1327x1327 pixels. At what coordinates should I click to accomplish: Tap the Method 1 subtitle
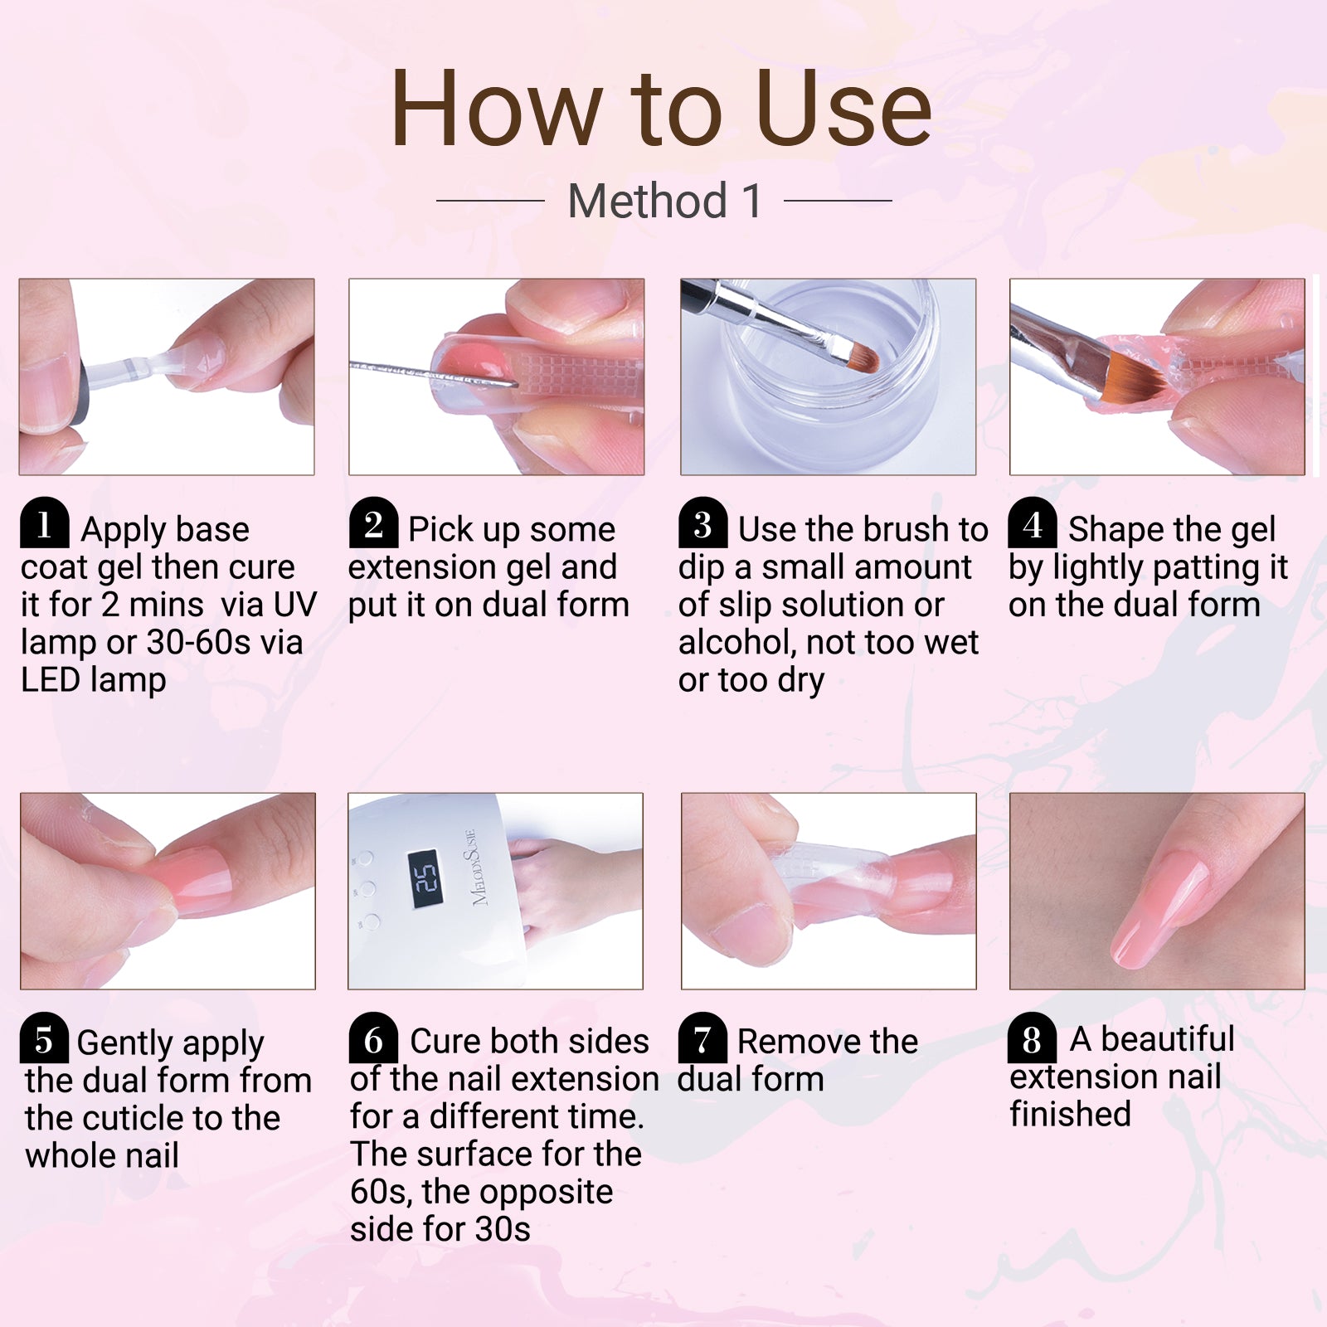[x=664, y=201]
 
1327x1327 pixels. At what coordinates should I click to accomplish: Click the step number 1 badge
[x=44, y=524]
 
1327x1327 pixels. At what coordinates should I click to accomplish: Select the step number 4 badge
[x=1033, y=524]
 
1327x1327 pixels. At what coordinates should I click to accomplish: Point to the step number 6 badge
[x=373, y=1038]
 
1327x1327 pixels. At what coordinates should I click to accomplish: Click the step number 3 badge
[x=702, y=524]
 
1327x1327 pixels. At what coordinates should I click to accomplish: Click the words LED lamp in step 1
[x=93, y=680]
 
